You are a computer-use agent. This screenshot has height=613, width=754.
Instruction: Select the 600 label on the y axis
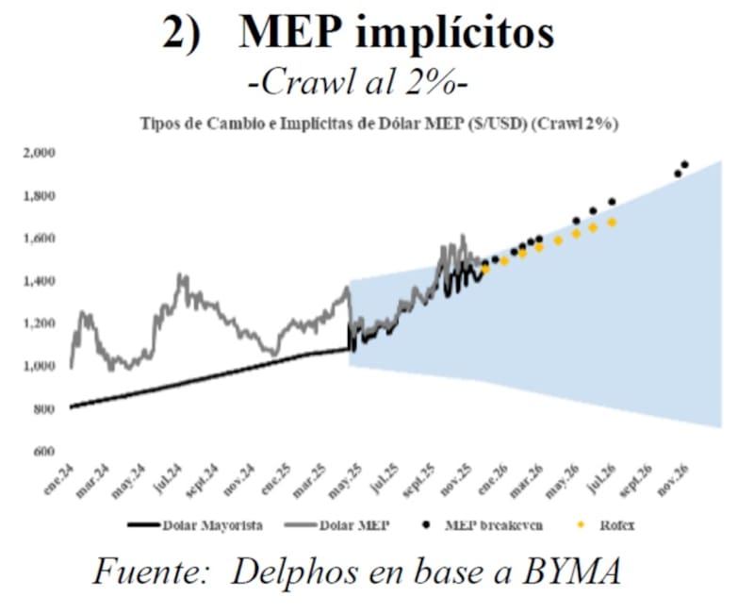[x=45, y=452]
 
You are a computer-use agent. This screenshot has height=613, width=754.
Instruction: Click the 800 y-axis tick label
[x=45, y=409]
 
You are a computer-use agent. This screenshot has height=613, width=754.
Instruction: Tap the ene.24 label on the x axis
[x=60, y=477]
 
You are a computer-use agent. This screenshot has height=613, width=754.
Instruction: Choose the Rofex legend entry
[x=608, y=525]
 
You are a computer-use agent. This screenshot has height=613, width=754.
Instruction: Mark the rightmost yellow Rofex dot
[x=612, y=223]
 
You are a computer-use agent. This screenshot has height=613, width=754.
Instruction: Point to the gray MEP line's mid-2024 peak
[x=178, y=275]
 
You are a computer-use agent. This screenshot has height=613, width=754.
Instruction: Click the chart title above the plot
[x=385, y=124]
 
